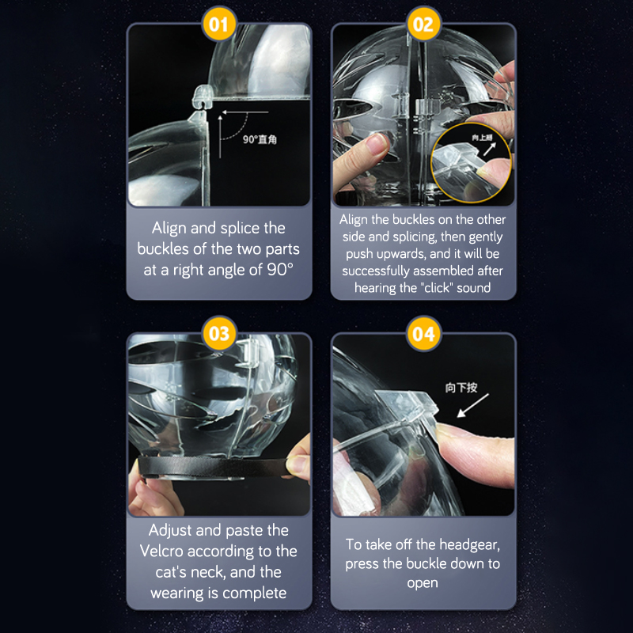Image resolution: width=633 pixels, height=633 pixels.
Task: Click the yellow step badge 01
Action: tap(218, 25)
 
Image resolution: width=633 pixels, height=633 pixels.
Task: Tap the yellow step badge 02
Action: tap(423, 25)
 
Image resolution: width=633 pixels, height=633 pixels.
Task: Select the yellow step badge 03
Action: tap(219, 333)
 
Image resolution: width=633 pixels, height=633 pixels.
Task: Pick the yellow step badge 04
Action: tap(423, 333)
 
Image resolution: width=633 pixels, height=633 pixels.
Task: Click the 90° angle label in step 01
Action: tap(260, 140)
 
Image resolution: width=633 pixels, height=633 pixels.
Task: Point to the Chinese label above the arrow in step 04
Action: tap(461, 388)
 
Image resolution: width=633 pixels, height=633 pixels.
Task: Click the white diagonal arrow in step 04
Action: tap(472, 405)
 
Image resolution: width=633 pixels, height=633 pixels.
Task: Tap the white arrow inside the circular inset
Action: tap(490, 149)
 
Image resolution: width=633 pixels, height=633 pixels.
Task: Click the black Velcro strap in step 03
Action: tap(213, 468)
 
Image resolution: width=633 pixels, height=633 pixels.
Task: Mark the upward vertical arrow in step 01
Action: tap(220, 136)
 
